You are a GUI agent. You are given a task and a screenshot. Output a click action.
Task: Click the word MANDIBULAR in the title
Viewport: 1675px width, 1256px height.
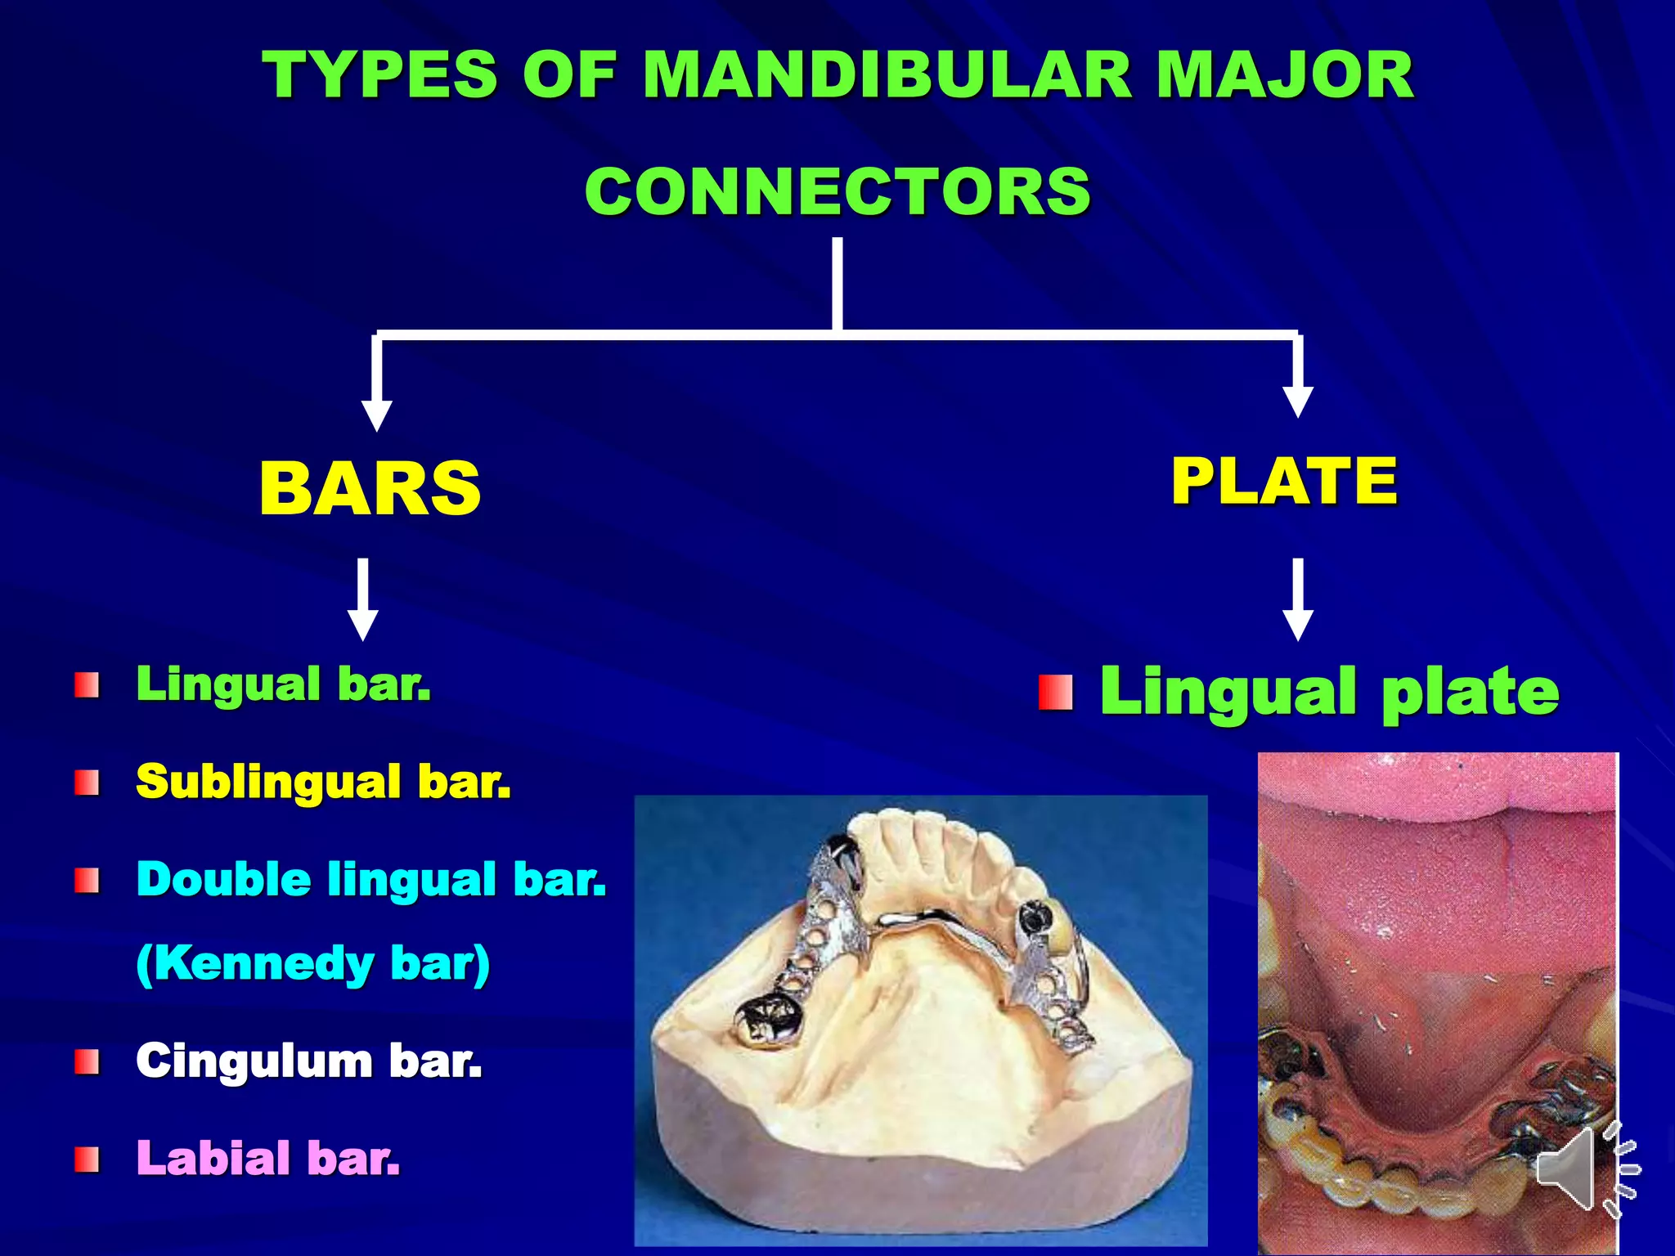[887, 75]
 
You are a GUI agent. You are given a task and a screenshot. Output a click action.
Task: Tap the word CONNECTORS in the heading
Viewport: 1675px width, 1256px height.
[837, 192]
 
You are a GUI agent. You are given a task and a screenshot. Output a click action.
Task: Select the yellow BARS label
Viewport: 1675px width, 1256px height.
[370, 488]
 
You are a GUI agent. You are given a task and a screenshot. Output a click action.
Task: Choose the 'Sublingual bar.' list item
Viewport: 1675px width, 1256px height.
[323, 781]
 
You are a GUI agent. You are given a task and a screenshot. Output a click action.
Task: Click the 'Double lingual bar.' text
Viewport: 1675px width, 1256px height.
[371, 879]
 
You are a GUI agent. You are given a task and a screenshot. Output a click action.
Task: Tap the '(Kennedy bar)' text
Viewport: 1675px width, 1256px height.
[312, 963]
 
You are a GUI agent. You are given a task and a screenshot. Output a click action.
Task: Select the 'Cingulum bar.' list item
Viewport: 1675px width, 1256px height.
[309, 1061]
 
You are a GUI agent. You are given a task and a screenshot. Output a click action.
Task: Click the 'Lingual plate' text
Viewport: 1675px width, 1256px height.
[1329, 692]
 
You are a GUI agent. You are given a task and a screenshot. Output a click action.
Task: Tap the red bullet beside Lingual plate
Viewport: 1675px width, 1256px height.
[1055, 693]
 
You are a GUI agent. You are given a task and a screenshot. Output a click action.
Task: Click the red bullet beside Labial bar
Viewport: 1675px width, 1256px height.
[87, 1160]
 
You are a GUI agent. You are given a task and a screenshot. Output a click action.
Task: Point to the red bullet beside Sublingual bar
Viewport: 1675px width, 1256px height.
[87, 783]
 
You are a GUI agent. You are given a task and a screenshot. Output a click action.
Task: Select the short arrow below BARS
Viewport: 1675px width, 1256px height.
[363, 599]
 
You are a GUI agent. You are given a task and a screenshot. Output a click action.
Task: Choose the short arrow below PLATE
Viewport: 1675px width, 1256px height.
[1298, 599]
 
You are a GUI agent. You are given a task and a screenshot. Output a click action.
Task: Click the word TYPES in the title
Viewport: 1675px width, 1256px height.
[379, 75]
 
